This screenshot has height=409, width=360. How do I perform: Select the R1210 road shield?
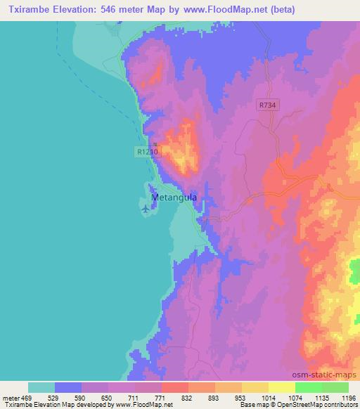click(146, 150)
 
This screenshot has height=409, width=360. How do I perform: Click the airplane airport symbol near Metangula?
click(146, 209)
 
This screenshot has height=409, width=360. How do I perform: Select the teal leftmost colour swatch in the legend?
click(41, 387)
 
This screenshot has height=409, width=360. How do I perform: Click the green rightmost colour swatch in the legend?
click(335, 387)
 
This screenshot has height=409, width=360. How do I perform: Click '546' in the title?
click(108, 9)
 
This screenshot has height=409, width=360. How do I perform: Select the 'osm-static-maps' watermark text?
click(330, 375)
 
